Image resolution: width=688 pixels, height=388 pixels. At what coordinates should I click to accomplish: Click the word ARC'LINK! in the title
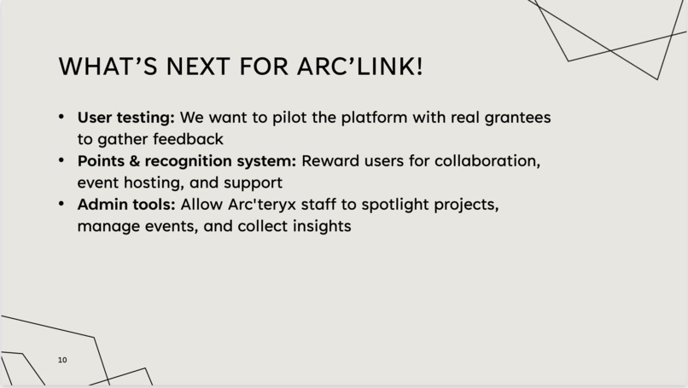click(x=367, y=67)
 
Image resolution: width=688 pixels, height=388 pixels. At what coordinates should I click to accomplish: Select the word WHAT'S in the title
click(x=107, y=67)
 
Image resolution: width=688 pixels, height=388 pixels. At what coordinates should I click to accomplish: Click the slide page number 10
click(x=62, y=360)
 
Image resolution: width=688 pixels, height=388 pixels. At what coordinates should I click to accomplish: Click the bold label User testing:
click(x=126, y=117)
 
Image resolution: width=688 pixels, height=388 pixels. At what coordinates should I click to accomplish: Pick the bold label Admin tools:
click(x=126, y=205)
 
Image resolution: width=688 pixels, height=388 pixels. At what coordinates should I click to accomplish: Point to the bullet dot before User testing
click(x=61, y=116)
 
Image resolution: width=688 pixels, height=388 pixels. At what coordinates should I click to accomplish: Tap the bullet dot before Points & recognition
click(x=61, y=160)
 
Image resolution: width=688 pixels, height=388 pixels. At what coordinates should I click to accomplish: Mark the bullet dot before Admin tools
click(x=61, y=205)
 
